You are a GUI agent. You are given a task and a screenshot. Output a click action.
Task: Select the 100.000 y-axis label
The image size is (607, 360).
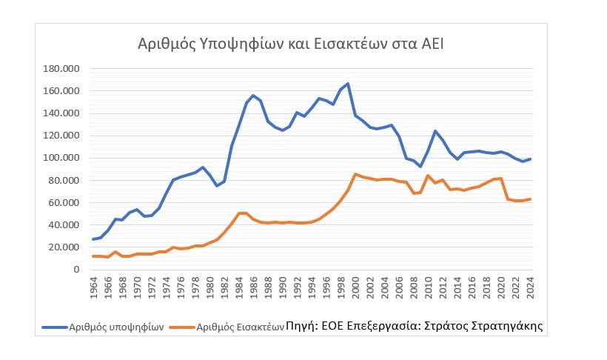[61, 158]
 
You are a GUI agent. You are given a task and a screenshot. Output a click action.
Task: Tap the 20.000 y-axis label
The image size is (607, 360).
[64, 247]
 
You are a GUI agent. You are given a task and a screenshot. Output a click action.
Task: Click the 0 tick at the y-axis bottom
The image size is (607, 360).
[76, 269]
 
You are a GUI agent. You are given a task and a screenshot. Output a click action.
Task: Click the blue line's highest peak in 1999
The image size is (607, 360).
[348, 84]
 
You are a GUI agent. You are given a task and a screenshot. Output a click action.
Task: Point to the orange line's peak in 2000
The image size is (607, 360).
[355, 174]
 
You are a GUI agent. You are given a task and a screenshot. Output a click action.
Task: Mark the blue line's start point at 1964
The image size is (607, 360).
[94, 239]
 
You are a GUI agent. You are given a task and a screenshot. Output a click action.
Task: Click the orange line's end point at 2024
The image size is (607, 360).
[530, 199]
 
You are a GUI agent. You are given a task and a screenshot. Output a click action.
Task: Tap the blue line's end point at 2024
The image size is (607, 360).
[530, 159]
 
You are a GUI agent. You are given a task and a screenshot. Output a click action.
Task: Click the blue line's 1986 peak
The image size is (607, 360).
[253, 96]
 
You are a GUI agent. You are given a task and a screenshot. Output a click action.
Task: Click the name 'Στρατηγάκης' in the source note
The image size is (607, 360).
[511, 325]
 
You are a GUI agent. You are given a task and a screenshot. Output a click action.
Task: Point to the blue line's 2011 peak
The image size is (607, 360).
[435, 131]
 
